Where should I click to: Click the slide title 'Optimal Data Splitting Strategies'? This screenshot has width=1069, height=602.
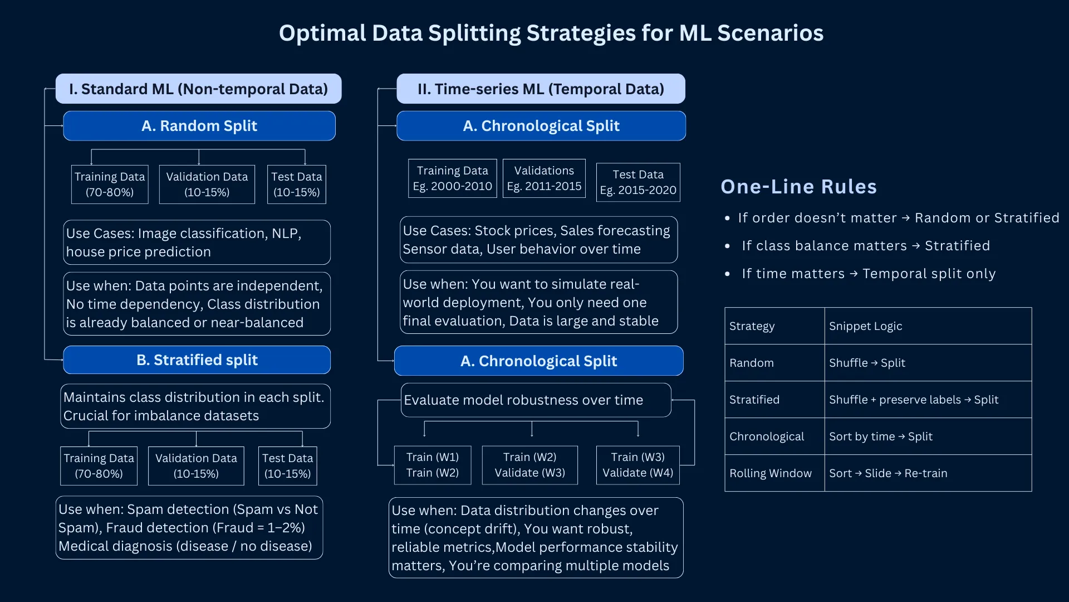coord(551,33)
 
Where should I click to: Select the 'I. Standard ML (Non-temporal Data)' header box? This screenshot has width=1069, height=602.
coord(198,89)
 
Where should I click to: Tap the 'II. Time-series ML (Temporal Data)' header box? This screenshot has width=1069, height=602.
coord(541,89)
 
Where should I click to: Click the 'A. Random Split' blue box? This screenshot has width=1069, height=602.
coord(199,126)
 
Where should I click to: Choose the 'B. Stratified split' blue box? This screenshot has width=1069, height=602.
coord(197,360)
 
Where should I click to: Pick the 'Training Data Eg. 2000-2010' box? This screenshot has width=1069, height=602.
coord(452,178)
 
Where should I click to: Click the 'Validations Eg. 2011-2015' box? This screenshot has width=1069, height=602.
coord(544,178)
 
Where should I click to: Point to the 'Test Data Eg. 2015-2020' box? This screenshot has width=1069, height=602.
coord(638,182)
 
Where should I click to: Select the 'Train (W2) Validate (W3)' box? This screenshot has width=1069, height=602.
coord(529,465)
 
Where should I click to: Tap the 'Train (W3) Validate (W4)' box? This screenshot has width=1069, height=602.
coord(638,465)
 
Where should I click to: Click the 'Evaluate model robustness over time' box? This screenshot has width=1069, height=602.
coord(536,400)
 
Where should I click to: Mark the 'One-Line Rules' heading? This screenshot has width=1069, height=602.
coord(798,187)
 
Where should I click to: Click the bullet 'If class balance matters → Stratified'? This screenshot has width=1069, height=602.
coord(866,246)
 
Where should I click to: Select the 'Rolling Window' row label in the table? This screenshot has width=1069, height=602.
coord(771,473)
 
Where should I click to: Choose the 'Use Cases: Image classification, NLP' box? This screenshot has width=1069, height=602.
coord(197,242)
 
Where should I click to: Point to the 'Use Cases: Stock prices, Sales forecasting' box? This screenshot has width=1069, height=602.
coord(538,240)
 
